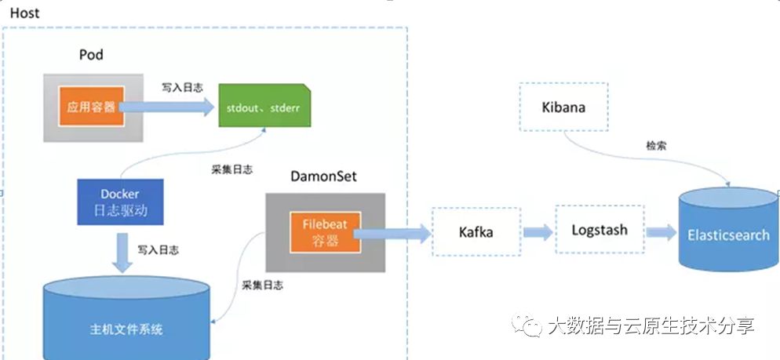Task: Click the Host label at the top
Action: (x=24, y=13)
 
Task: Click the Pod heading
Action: (x=91, y=55)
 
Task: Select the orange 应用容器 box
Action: (x=91, y=107)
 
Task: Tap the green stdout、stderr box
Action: (x=263, y=107)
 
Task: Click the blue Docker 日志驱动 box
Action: (x=119, y=202)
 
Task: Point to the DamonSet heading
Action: (x=322, y=176)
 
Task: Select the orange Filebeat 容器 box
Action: (x=325, y=233)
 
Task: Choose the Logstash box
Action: (x=599, y=231)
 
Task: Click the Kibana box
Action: (x=563, y=107)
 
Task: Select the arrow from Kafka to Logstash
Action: (x=537, y=231)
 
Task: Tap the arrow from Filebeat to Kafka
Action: (x=397, y=231)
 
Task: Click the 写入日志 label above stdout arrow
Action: (x=182, y=87)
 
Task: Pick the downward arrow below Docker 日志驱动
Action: (x=121, y=253)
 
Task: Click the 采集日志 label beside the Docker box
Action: (x=231, y=169)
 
